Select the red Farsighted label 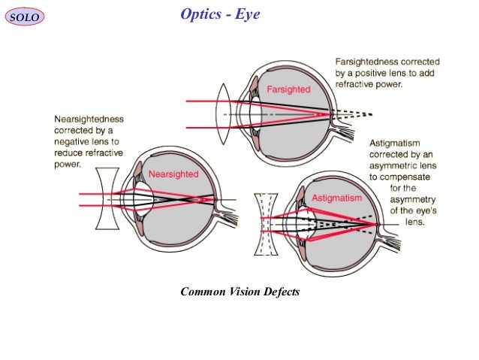point(289,90)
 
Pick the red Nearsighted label point(173,174)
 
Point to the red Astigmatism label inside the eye point(337,198)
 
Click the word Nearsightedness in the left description point(89,119)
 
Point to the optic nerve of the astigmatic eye point(393,239)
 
